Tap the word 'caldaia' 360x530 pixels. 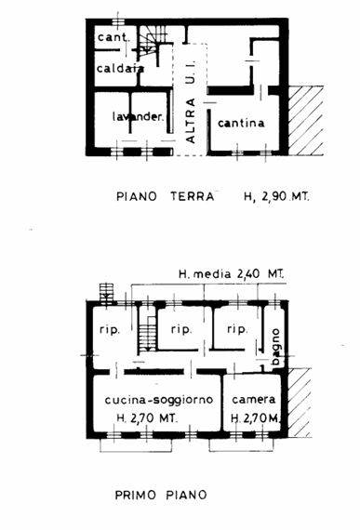[120, 68]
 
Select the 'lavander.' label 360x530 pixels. [138, 116]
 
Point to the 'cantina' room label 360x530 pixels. [241, 123]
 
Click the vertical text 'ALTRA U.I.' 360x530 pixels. [191, 101]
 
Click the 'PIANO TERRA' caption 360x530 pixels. [166, 196]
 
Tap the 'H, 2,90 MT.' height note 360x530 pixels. [276, 196]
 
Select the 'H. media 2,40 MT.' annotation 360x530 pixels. [232, 273]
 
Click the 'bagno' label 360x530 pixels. [276, 347]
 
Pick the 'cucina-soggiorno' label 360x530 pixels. [159, 400]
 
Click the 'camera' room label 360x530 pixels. [254, 400]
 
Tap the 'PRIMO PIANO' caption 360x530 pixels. [161, 496]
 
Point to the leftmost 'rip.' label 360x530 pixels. [110, 329]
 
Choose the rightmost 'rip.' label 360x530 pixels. [237, 329]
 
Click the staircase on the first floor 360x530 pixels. [148, 334]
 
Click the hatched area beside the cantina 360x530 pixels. [306, 120]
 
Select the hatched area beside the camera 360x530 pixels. [300, 403]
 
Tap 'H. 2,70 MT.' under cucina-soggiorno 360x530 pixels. [147, 418]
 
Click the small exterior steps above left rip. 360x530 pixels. [106, 292]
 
